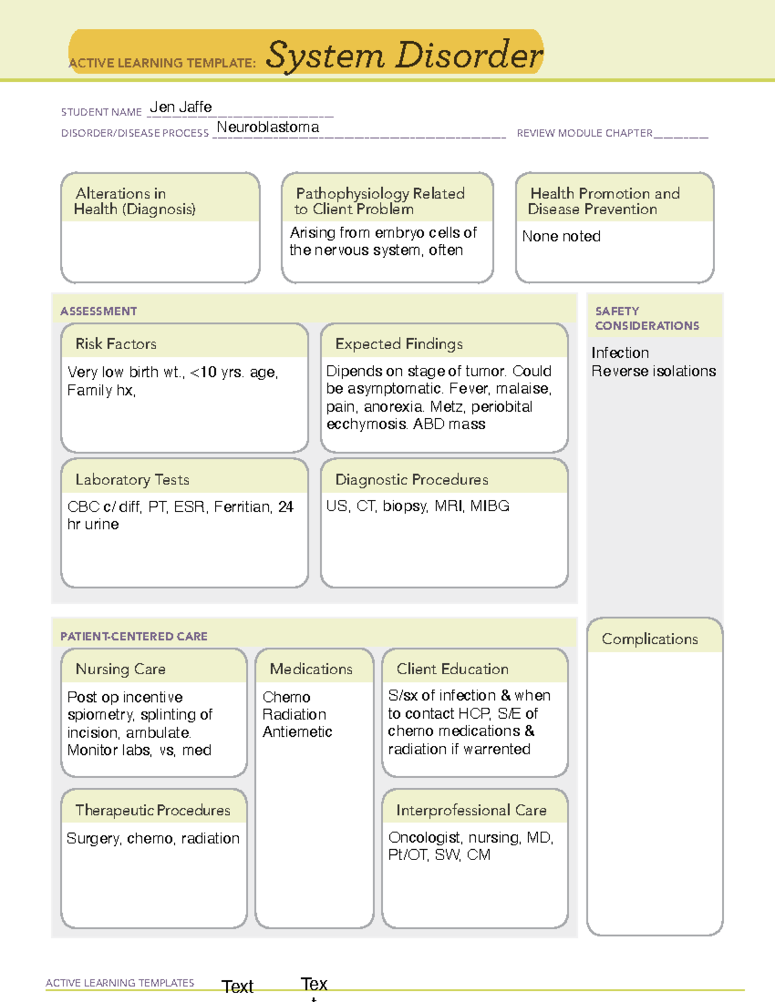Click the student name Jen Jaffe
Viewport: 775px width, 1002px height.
coord(181,107)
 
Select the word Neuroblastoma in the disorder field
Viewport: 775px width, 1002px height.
coord(268,127)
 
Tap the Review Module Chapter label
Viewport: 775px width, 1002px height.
coord(584,133)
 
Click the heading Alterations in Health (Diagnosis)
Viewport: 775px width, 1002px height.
coord(135,201)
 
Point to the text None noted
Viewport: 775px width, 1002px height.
coord(561,236)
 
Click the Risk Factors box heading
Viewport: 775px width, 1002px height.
coord(116,344)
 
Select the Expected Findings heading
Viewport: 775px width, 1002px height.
coord(399,344)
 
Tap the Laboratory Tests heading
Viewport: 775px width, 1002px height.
coord(132,479)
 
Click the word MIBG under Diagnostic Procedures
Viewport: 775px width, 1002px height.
coord(490,506)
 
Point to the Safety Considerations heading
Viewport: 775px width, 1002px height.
coord(647,318)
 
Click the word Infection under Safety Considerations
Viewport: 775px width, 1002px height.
coord(620,353)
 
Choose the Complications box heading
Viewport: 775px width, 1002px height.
coord(650,639)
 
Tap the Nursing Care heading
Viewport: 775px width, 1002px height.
coord(121,669)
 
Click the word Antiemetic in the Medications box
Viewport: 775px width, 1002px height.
coord(298,732)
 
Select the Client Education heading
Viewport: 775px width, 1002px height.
coord(453,669)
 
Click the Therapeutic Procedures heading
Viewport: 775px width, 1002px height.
coord(153,810)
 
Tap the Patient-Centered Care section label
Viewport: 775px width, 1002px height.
coord(134,636)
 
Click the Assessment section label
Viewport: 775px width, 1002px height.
coord(99,311)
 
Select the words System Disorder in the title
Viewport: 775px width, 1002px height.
coord(404,55)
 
